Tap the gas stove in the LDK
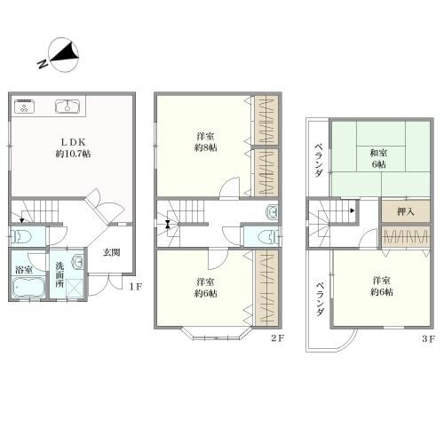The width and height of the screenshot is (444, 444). pyautogui.click(x=24, y=106)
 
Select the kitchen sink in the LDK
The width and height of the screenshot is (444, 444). pyautogui.click(x=67, y=106)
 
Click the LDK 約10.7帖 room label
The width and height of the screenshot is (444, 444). pyautogui.click(x=74, y=148)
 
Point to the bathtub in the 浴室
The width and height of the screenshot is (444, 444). pyautogui.click(x=28, y=286)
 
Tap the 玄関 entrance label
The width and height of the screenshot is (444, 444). pyautogui.click(x=112, y=252)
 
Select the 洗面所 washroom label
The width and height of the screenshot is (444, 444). pyautogui.click(x=60, y=274)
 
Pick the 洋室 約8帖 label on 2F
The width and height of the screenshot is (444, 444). pyautogui.click(x=206, y=142)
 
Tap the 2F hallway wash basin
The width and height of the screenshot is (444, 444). pyautogui.click(x=272, y=212)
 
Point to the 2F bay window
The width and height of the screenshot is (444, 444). pyautogui.click(x=216, y=333)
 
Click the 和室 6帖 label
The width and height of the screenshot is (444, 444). pyautogui.click(x=379, y=159)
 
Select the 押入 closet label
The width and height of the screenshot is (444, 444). pyautogui.click(x=406, y=211)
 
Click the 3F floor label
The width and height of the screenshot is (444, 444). pyautogui.click(x=428, y=339)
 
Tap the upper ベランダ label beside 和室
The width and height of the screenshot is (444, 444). pyautogui.click(x=319, y=160)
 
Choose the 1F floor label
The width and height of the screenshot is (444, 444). pyautogui.click(x=136, y=287)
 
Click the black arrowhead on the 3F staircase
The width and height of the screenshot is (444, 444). pyautogui.click(x=353, y=210)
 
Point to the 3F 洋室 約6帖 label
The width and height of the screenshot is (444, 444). pyautogui.click(x=382, y=286)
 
